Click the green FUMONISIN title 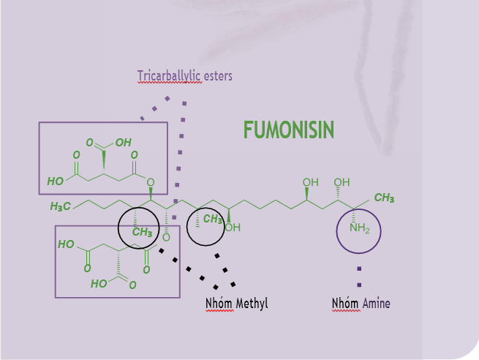click(289, 130)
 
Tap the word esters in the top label click(217, 75)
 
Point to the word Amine click(376, 303)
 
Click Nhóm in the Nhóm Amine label click(344, 303)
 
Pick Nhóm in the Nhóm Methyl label click(218, 303)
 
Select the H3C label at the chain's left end click(61, 207)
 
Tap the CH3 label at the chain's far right click(384, 198)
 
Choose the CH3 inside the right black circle click(213, 219)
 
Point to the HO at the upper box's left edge click(55, 181)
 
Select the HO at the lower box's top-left click(66, 244)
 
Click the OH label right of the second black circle click(233, 228)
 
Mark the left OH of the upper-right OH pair click(311, 182)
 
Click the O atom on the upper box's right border click(150, 182)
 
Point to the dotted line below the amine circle click(359, 276)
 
